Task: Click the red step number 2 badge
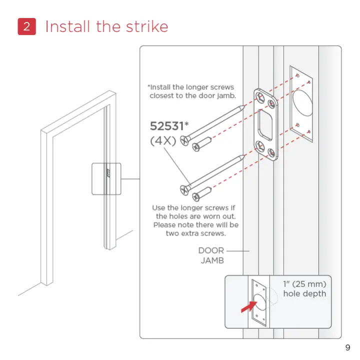(26, 26)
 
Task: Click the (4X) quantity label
(163, 140)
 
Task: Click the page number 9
(347, 348)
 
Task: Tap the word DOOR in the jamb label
(211, 250)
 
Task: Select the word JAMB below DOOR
(212, 260)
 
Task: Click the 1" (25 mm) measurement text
(304, 284)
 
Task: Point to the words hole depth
(304, 294)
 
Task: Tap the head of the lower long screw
(183, 188)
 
